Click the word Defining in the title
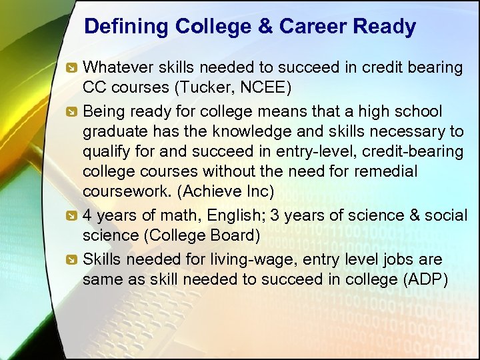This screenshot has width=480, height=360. point(127,27)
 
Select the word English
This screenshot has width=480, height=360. point(229,215)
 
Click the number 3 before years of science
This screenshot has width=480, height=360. point(275,215)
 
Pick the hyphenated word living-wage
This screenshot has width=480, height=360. point(253,258)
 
